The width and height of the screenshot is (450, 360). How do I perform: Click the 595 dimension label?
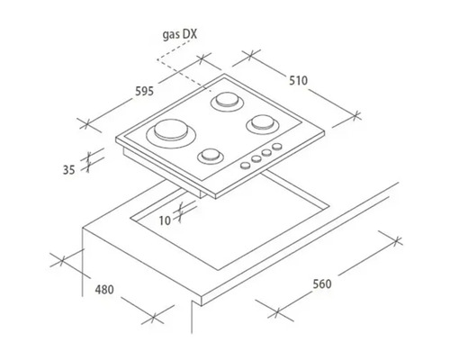144,91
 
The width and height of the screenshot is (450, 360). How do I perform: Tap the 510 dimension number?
298,80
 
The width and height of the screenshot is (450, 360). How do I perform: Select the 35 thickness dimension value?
68,170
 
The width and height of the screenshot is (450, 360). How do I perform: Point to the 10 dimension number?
165,220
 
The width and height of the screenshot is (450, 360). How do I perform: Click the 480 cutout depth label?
104,290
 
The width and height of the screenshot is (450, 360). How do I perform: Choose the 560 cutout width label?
322,283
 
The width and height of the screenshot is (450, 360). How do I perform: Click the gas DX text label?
180,35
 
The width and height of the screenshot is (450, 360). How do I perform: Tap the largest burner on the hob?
171,133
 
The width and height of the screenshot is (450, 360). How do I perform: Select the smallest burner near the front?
211,157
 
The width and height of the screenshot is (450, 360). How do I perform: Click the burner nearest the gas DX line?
227,102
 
